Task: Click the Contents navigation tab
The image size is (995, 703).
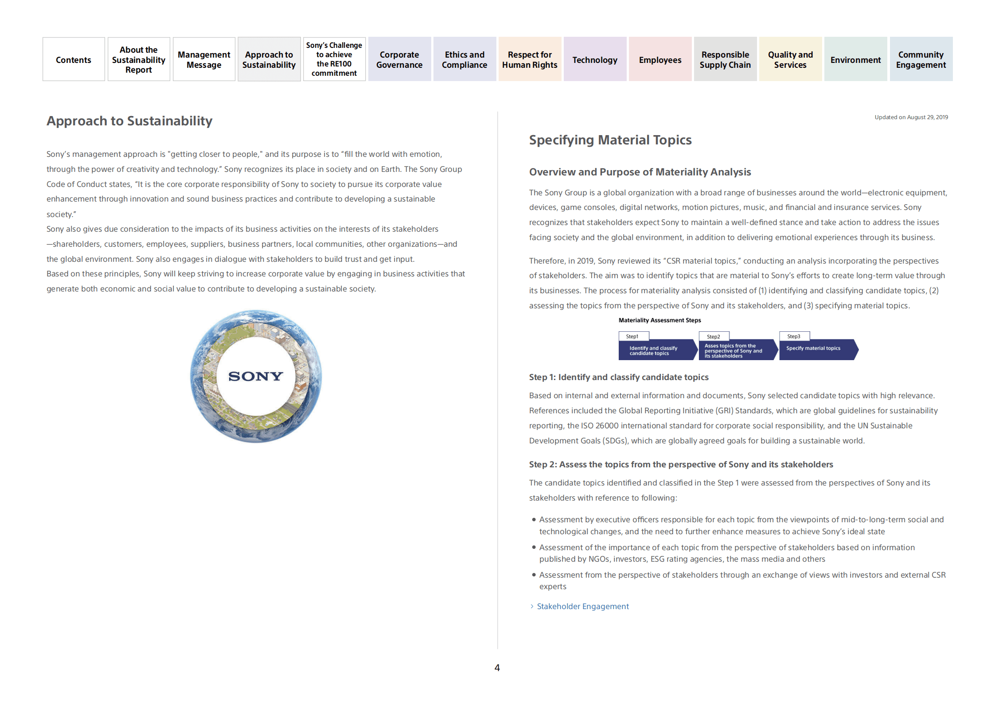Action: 74,59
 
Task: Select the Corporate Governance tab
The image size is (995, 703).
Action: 399,59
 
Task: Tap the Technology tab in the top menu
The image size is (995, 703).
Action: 594,59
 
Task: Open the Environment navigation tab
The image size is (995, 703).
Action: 855,59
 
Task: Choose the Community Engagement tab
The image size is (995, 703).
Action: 921,59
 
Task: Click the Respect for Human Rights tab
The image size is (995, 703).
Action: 529,59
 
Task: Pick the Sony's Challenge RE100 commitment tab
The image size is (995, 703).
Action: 334,59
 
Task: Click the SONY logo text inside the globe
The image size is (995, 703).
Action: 256,376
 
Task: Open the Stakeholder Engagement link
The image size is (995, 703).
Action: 582,606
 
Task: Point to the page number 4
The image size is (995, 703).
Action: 497,668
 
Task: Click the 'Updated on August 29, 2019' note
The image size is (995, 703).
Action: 911,117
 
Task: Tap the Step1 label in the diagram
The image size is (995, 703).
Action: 632,337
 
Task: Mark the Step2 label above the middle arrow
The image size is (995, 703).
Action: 713,337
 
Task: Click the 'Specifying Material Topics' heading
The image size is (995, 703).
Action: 610,140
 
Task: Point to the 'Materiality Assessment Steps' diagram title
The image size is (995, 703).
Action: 659,320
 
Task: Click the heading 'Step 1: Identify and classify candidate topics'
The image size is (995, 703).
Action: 618,377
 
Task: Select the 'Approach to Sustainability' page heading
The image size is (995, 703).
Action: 129,121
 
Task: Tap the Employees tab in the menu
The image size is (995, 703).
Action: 659,59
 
